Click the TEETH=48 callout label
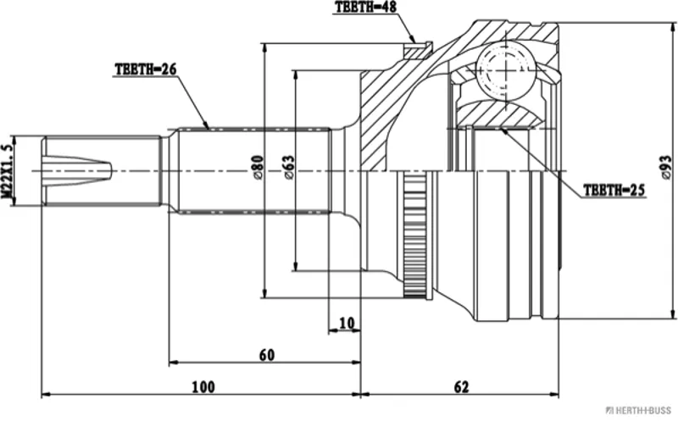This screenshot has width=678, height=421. click(x=365, y=8)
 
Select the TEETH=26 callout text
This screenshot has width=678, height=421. click(x=146, y=69)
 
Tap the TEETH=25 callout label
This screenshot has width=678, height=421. click(x=614, y=191)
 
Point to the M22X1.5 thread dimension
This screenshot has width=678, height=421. click(x=7, y=171)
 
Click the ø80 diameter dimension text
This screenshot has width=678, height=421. click(x=258, y=168)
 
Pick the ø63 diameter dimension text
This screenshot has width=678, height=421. click(x=288, y=168)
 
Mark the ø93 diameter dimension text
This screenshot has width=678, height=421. click(x=666, y=169)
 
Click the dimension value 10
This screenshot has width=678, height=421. click(x=347, y=323)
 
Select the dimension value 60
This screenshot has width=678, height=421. click(x=267, y=355)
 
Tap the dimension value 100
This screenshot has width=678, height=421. click(x=203, y=387)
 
